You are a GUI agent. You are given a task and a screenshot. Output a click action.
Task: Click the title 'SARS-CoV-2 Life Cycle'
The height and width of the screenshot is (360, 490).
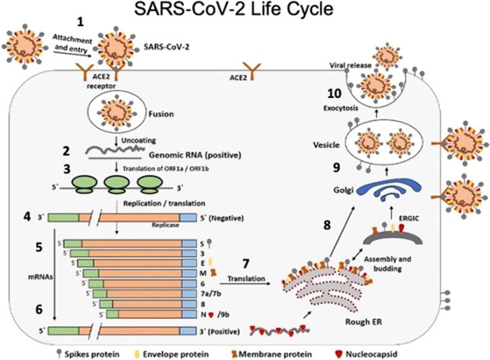pyautogui.click(x=245, y=13)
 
